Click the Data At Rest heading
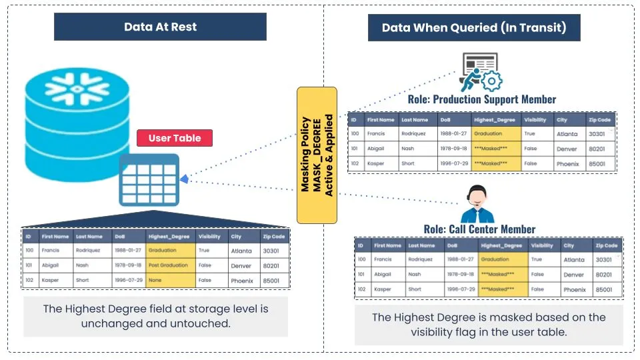[x=160, y=27]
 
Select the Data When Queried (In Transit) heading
[x=474, y=27]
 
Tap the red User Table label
[x=175, y=138]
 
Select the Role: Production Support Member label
[x=482, y=99]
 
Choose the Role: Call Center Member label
[x=479, y=229]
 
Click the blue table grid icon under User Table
[x=149, y=179]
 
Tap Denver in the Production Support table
[x=567, y=149]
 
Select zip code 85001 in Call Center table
[x=603, y=289]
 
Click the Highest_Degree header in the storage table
[x=169, y=236]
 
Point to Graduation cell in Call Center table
[x=495, y=259]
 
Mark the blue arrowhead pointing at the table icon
[x=184, y=179]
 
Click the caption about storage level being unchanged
[x=156, y=316]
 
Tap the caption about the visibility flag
[x=489, y=325]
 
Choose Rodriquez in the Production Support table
[x=413, y=134]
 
